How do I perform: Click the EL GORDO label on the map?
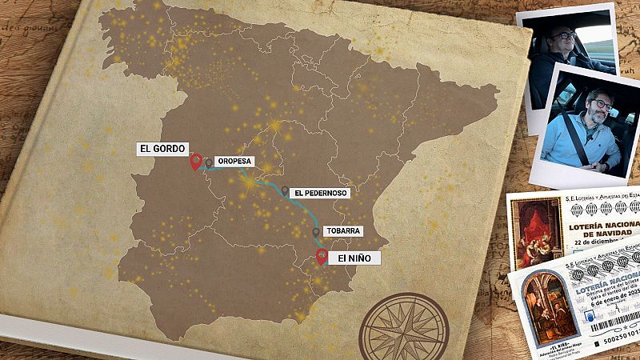(x=162, y=148)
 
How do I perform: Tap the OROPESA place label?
(x=234, y=161)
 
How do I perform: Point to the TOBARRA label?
(x=344, y=230)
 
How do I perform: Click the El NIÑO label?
(x=354, y=258)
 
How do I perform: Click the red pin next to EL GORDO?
(x=195, y=162)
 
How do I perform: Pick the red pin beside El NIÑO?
(x=322, y=256)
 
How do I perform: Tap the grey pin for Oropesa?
(x=209, y=162)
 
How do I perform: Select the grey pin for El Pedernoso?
(x=285, y=191)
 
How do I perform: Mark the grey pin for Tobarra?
(x=317, y=232)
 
